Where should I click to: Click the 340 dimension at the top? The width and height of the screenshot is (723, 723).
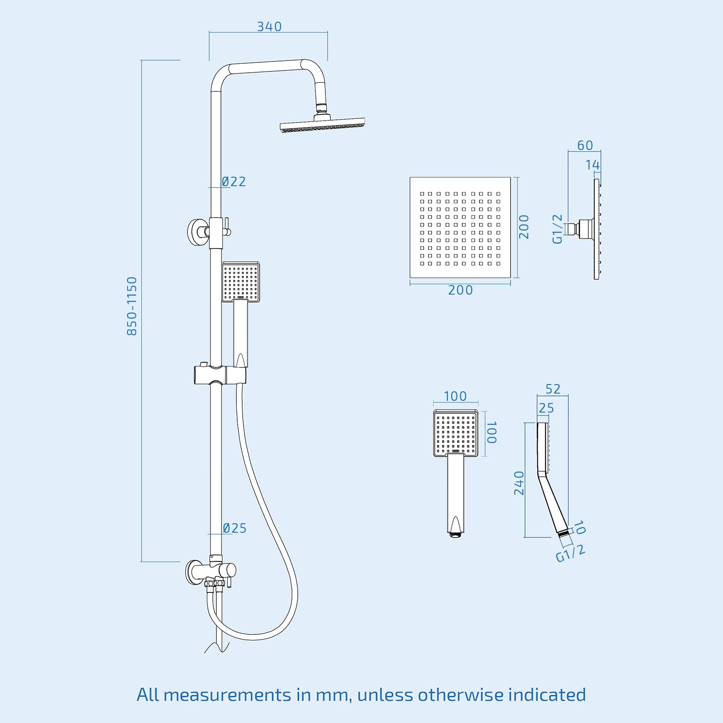(269, 27)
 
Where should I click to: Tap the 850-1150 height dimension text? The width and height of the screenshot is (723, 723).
(131, 306)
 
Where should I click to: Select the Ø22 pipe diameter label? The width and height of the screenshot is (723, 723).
(234, 182)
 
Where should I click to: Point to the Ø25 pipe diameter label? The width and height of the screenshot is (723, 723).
(235, 528)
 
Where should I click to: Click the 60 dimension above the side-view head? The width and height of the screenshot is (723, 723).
(585, 146)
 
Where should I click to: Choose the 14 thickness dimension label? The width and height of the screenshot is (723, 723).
(592, 165)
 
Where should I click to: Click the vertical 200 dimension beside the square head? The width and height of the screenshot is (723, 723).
(524, 227)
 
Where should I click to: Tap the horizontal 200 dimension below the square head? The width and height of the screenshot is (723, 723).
(460, 290)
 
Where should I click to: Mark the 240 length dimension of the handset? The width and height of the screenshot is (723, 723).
(519, 483)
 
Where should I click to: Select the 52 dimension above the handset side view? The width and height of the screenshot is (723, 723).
(553, 389)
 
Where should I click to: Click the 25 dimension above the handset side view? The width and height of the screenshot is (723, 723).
(546, 408)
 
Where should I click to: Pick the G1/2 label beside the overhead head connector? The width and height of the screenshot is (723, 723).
(558, 229)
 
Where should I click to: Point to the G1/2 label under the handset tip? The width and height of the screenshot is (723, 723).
(570, 553)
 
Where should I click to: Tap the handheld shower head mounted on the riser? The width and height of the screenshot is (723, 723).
(240, 282)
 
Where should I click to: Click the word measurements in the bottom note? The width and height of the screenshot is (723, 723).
(227, 695)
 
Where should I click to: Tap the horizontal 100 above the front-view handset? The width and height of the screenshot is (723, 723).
(455, 396)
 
